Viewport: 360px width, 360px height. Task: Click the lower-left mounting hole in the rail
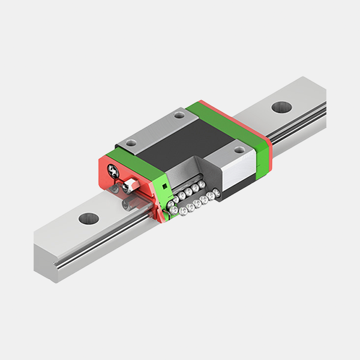(88, 218)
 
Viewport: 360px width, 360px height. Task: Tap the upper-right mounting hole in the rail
(280, 107)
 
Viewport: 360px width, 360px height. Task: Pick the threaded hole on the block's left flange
(132, 143)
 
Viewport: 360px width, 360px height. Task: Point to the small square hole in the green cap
(163, 191)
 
